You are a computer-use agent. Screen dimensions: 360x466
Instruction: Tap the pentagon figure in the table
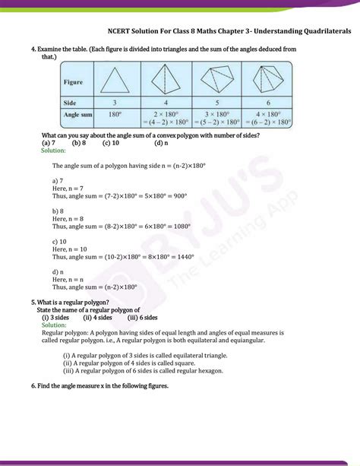tap(228, 80)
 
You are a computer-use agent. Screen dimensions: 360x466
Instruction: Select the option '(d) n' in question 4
tap(160, 143)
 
